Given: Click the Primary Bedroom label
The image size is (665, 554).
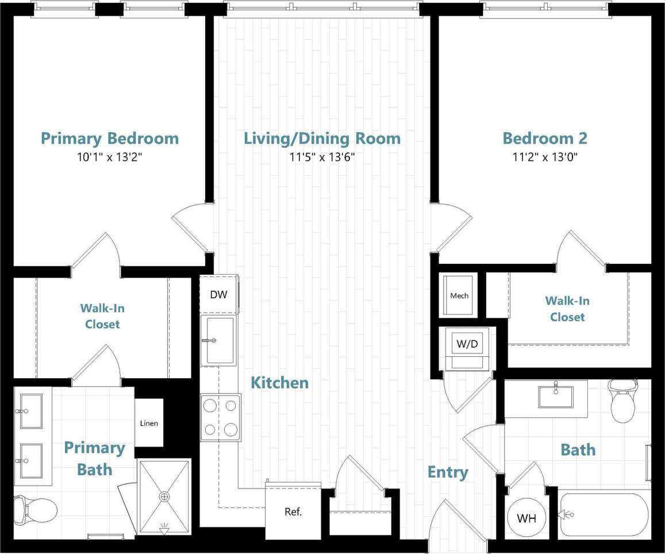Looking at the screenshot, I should pyautogui.click(x=109, y=138).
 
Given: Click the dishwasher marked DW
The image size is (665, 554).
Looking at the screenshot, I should pyautogui.click(x=218, y=295).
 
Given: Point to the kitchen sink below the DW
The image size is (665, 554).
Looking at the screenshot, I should pyautogui.click(x=218, y=340).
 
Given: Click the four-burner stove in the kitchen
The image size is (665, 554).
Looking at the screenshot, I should pyautogui.click(x=221, y=417).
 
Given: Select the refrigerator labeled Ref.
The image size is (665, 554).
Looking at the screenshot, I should pyautogui.click(x=293, y=511).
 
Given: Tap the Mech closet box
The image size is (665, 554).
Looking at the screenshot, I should pyautogui.click(x=459, y=295).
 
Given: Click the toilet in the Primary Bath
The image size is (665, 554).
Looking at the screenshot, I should pyautogui.click(x=37, y=508).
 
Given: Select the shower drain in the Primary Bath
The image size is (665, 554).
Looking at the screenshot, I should pyautogui.click(x=166, y=496).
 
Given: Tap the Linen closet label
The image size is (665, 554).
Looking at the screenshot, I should pyautogui.click(x=149, y=424).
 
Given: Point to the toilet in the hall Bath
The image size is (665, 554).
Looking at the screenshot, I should pyautogui.click(x=623, y=403).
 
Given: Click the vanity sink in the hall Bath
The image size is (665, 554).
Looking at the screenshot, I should pyautogui.click(x=556, y=397).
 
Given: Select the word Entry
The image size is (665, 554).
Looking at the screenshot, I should pyautogui.click(x=448, y=472).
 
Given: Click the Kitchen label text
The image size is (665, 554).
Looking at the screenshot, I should pyautogui.click(x=279, y=383).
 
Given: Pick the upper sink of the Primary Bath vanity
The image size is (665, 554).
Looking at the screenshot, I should pyautogui.click(x=30, y=411).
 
